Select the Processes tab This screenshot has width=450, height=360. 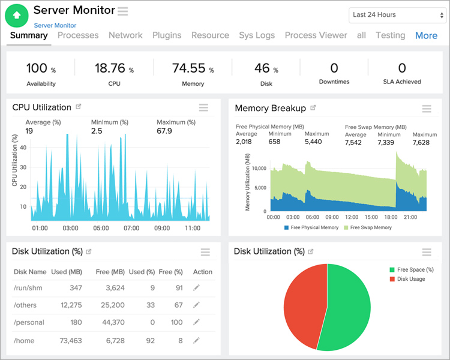click(x=78, y=35)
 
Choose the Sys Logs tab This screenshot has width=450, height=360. click(x=257, y=35)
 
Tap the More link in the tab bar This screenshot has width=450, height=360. click(x=426, y=35)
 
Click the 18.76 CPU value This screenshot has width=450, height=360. click(x=110, y=68)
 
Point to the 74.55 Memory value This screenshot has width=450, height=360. click(x=189, y=68)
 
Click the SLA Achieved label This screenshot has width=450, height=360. click(x=402, y=82)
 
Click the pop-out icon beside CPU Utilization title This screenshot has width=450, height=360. click(x=79, y=107)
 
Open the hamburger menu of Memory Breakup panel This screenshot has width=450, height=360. click(x=427, y=109)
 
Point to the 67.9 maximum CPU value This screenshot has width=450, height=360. click(x=164, y=131)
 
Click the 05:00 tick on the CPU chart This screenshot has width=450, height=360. click(x=101, y=228)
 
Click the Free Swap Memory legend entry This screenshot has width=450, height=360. click(x=368, y=227)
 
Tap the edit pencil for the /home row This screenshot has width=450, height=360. click(x=196, y=340)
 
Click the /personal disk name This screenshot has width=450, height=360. click(x=29, y=323)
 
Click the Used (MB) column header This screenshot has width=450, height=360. click(x=67, y=272)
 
